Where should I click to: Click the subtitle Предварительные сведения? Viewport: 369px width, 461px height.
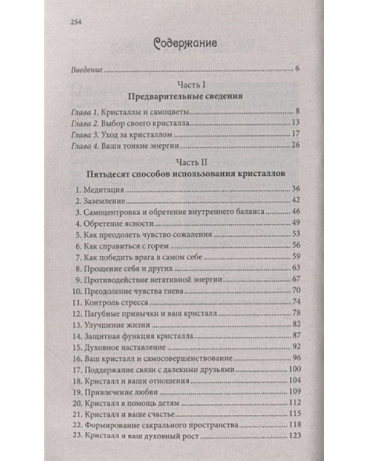point(184,97)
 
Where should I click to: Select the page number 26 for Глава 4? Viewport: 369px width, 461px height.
point(293,145)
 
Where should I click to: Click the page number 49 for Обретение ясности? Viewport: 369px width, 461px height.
point(293,222)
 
